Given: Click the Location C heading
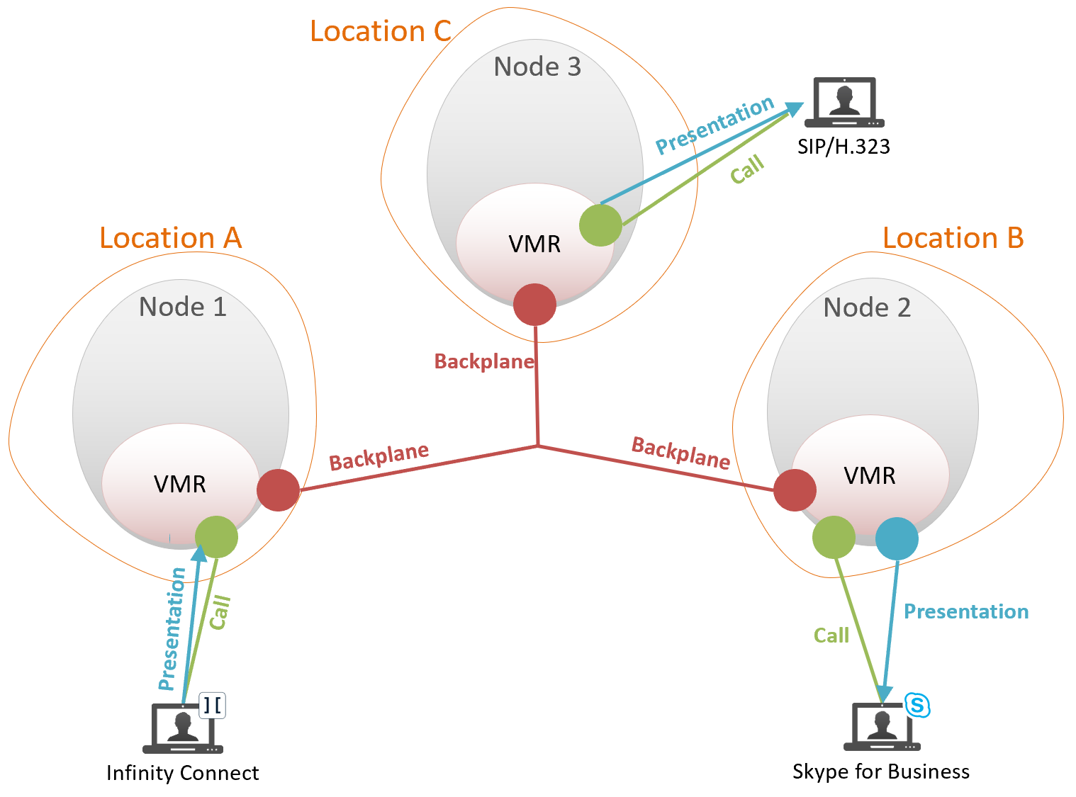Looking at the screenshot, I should click(381, 31).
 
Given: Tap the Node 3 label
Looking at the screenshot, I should click(537, 67).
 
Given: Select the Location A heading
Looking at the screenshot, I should click(171, 238).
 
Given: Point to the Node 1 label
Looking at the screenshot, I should click(183, 307).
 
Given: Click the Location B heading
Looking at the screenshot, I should click(953, 238).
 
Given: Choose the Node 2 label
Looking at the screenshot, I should click(867, 307).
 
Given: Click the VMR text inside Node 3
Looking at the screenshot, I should click(534, 244).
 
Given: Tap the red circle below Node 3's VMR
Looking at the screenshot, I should click(534, 305).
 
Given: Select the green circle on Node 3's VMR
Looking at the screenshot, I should click(600, 225).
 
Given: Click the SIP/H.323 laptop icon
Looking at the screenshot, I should click(844, 103).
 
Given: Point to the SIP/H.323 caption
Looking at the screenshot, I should click(844, 147).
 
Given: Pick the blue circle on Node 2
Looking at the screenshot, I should click(897, 538).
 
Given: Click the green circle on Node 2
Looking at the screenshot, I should click(834, 537).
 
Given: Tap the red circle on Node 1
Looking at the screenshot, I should click(278, 490).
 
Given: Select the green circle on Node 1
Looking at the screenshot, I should click(216, 536).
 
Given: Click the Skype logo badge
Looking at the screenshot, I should click(917, 705).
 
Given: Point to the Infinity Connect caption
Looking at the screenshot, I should click(182, 773).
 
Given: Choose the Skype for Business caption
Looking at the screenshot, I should click(881, 771).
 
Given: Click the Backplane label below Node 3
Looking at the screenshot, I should click(484, 362).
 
